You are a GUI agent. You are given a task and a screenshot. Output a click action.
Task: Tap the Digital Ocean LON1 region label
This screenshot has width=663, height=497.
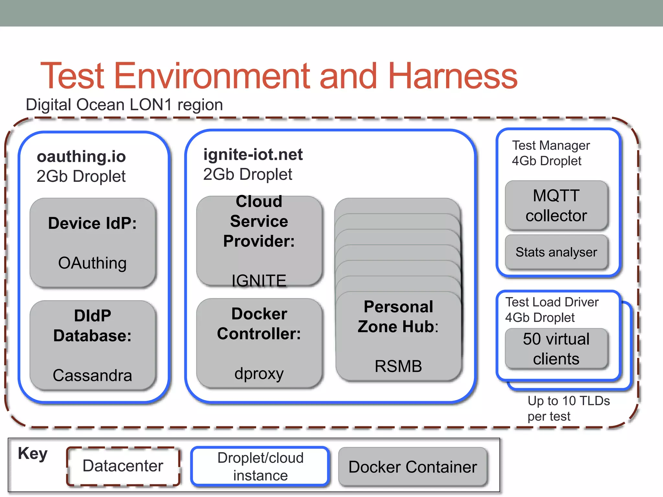point(124,105)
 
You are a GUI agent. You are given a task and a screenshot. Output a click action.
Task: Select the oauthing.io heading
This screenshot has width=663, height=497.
point(81,157)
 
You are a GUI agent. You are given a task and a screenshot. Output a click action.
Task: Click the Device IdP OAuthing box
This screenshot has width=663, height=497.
point(93,243)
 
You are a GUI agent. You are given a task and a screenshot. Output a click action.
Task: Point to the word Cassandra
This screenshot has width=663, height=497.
point(92,375)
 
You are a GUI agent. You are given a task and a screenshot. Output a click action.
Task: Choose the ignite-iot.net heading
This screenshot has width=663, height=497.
point(253,155)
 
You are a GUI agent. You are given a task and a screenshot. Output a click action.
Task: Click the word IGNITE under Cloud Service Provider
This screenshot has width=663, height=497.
point(259,280)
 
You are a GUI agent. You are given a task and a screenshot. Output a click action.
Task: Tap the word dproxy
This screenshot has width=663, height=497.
point(259,373)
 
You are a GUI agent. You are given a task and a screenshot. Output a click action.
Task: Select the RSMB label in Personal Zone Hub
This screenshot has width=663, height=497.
point(398,366)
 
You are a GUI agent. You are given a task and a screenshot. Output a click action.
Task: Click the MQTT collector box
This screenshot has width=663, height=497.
point(556,205)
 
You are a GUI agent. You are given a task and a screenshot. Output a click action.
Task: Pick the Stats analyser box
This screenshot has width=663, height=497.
point(556,252)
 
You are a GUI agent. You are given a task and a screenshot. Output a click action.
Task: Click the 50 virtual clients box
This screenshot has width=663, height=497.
point(556,349)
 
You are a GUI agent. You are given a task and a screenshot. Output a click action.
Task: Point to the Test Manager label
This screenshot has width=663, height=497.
point(551,146)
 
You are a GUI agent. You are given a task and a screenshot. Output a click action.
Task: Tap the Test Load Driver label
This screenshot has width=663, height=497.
point(552,302)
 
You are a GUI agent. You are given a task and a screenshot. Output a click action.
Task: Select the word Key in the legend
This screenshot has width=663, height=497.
point(33,453)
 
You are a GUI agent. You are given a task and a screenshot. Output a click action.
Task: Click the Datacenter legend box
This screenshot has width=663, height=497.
point(123,466)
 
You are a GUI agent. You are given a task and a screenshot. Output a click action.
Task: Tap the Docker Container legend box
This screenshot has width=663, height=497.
point(413,467)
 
